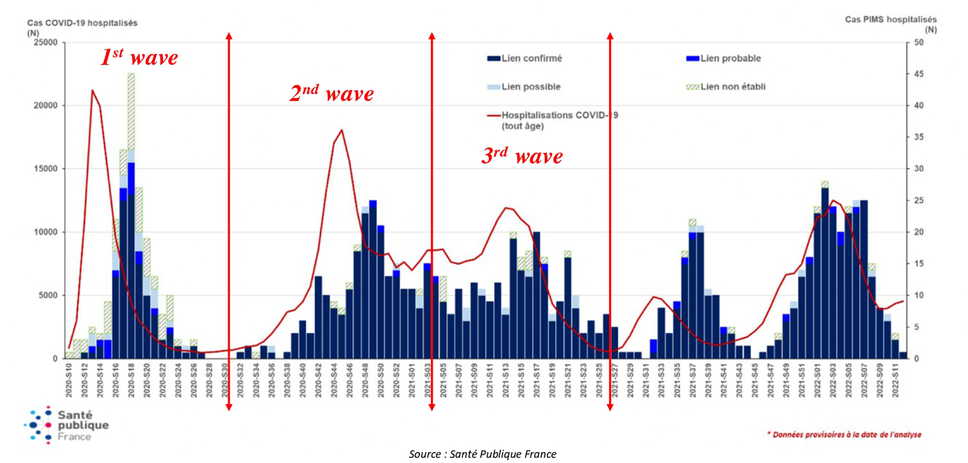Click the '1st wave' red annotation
(x=139, y=57)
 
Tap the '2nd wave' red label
(x=331, y=93)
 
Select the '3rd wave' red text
(x=522, y=156)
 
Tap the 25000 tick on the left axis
(x=46, y=43)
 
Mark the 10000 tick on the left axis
(x=46, y=232)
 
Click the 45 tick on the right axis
(x=919, y=74)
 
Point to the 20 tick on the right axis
(x=919, y=232)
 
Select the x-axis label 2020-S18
(x=131, y=381)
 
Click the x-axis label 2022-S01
(x=817, y=381)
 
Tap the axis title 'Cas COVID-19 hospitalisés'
(x=82, y=23)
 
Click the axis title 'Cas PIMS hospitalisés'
(x=891, y=20)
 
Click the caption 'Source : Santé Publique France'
(x=482, y=454)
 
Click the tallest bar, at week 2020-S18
(x=131, y=221)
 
